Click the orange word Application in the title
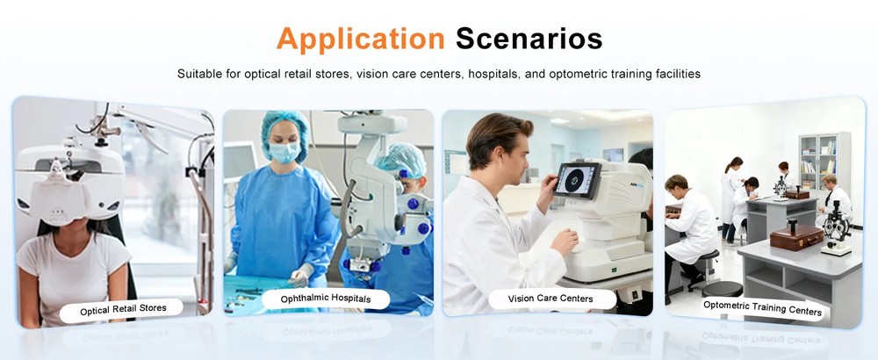click(360, 39)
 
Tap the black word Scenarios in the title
click(529, 39)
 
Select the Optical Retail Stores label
click(119, 310)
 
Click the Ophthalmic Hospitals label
click(325, 299)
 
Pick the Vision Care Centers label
click(551, 299)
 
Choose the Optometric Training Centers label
click(762, 308)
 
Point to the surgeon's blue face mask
click(284, 153)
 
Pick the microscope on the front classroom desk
click(835, 227)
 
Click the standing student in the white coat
click(730, 188)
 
